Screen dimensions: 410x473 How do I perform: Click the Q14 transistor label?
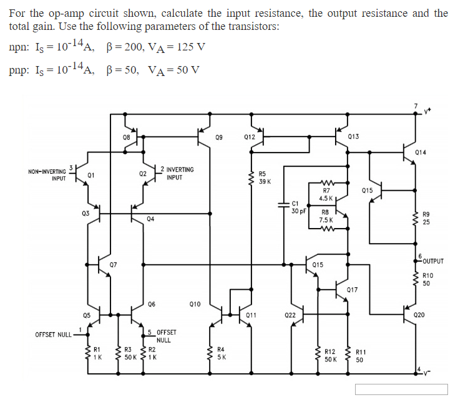point(421,151)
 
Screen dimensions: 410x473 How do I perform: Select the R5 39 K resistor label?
point(263,177)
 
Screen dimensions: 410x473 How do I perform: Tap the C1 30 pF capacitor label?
point(297,207)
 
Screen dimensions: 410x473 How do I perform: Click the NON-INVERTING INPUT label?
point(47,174)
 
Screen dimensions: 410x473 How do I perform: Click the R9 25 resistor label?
point(426,218)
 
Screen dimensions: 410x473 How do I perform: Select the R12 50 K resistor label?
point(331,356)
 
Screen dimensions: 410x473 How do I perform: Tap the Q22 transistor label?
point(290,315)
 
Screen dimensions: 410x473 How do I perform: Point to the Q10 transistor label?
point(195,304)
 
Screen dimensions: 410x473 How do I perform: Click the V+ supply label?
point(428,112)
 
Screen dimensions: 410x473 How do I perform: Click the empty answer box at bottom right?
point(401,389)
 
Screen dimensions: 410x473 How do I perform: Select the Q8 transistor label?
point(127,136)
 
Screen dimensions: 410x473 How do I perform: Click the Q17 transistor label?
point(352,290)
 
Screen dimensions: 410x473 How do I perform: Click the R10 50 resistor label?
point(427,279)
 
